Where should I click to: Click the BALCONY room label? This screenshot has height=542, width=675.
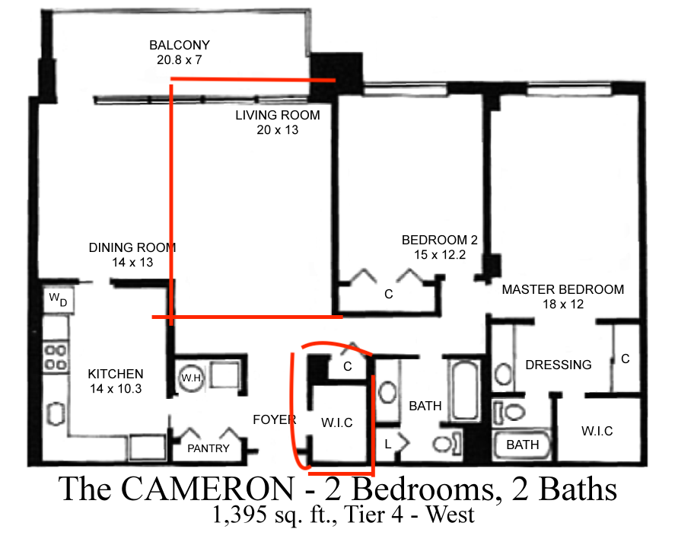point(180,45)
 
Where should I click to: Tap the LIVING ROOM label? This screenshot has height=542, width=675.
point(277,116)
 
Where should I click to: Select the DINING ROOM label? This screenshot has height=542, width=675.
point(132,247)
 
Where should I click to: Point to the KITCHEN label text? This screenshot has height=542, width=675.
point(116,374)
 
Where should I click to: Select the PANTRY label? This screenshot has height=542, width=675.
point(208,448)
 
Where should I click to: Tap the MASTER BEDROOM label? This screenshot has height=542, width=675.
point(562,289)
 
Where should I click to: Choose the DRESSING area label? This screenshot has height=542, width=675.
point(558,365)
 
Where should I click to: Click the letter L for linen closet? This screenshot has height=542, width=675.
point(390,443)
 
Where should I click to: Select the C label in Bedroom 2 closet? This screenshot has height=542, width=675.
point(388,294)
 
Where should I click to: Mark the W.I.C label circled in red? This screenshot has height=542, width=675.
point(336,422)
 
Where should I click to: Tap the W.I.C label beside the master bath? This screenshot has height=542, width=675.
point(597,431)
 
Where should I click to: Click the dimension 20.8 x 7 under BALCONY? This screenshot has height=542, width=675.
point(180,59)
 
